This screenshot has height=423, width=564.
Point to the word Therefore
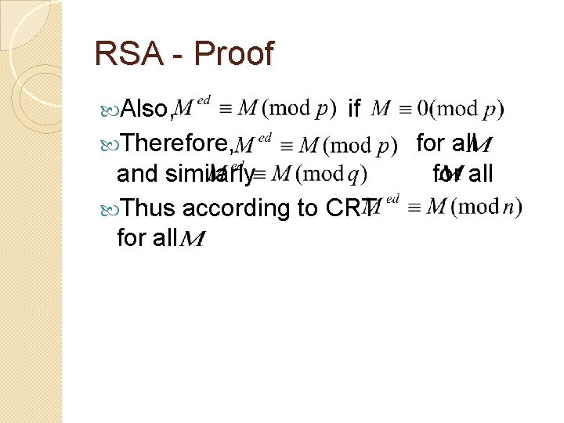click(175, 143)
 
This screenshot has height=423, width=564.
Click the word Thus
click(150, 208)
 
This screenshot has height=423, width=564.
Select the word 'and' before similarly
click(136, 173)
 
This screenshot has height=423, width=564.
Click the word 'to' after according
click(306, 208)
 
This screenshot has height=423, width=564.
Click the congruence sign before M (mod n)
click(414, 208)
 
